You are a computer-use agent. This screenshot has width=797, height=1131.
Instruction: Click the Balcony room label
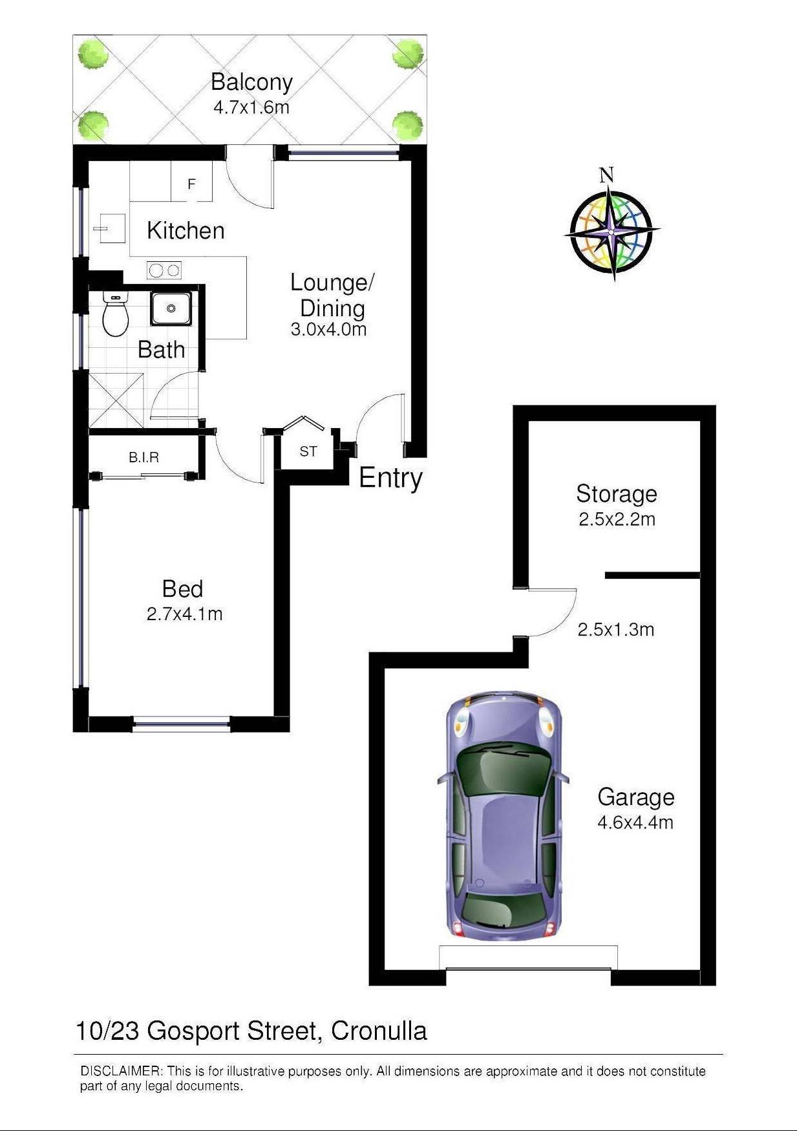(x=251, y=83)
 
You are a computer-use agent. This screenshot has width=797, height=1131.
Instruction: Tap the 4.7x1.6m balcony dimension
(x=251, y=107)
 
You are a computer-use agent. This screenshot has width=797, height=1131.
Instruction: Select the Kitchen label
(x=186, y=230)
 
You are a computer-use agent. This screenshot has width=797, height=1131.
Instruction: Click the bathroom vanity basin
(x=171, y=308)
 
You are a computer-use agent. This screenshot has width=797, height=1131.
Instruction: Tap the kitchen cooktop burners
(x=164, y=270)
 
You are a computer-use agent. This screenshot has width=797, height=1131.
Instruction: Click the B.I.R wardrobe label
(x=143, y=458)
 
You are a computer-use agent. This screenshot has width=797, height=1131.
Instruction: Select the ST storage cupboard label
(x=308, y=451)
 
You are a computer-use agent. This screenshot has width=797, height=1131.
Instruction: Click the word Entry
(x=390, y=478)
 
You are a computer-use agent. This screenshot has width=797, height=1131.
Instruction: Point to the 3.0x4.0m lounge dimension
(x=328, y=330)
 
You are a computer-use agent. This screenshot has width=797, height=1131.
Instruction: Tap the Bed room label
(x=182, y=589)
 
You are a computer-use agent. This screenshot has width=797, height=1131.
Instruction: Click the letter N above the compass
(x=606, y=175)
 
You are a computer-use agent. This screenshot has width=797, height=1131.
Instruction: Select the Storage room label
(x=617, y=494)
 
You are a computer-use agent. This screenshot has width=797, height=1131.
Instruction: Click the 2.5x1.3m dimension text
(x=616, y=630)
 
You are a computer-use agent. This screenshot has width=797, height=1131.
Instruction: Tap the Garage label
(x=636, y=797)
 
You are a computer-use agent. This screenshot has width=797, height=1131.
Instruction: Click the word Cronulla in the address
(x=379, y=1031)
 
